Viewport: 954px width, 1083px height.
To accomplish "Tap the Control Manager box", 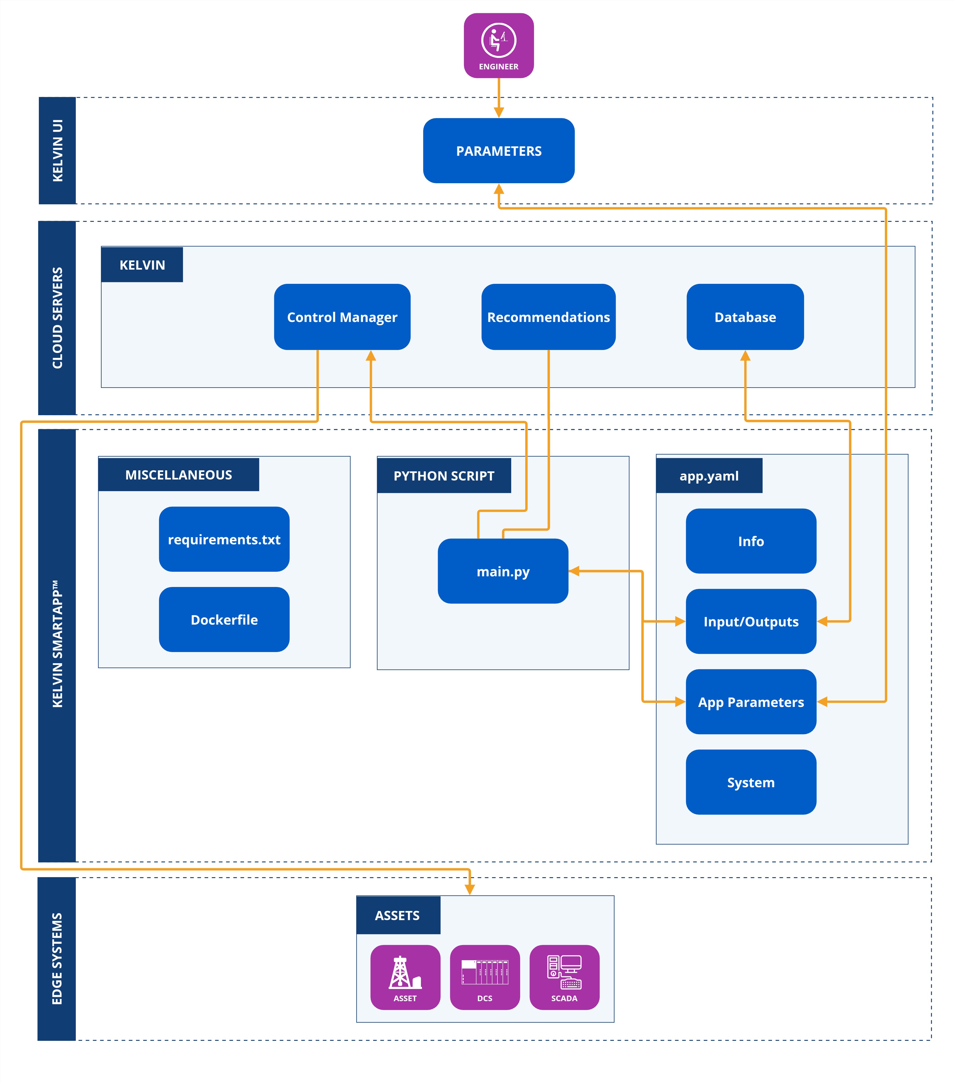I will pyautogui.click(x=342, y=317).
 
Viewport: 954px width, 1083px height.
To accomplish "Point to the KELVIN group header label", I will pyautogui.click(x=142, y=265).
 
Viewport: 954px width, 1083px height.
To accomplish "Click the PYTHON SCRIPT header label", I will pyautogui.click(x=444, y=476).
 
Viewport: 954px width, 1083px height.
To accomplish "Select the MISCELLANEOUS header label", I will pyautogui.click(x=179, y=475).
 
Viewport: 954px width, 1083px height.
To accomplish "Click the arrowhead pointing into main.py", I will pyautogui.click(x=574, y=571).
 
